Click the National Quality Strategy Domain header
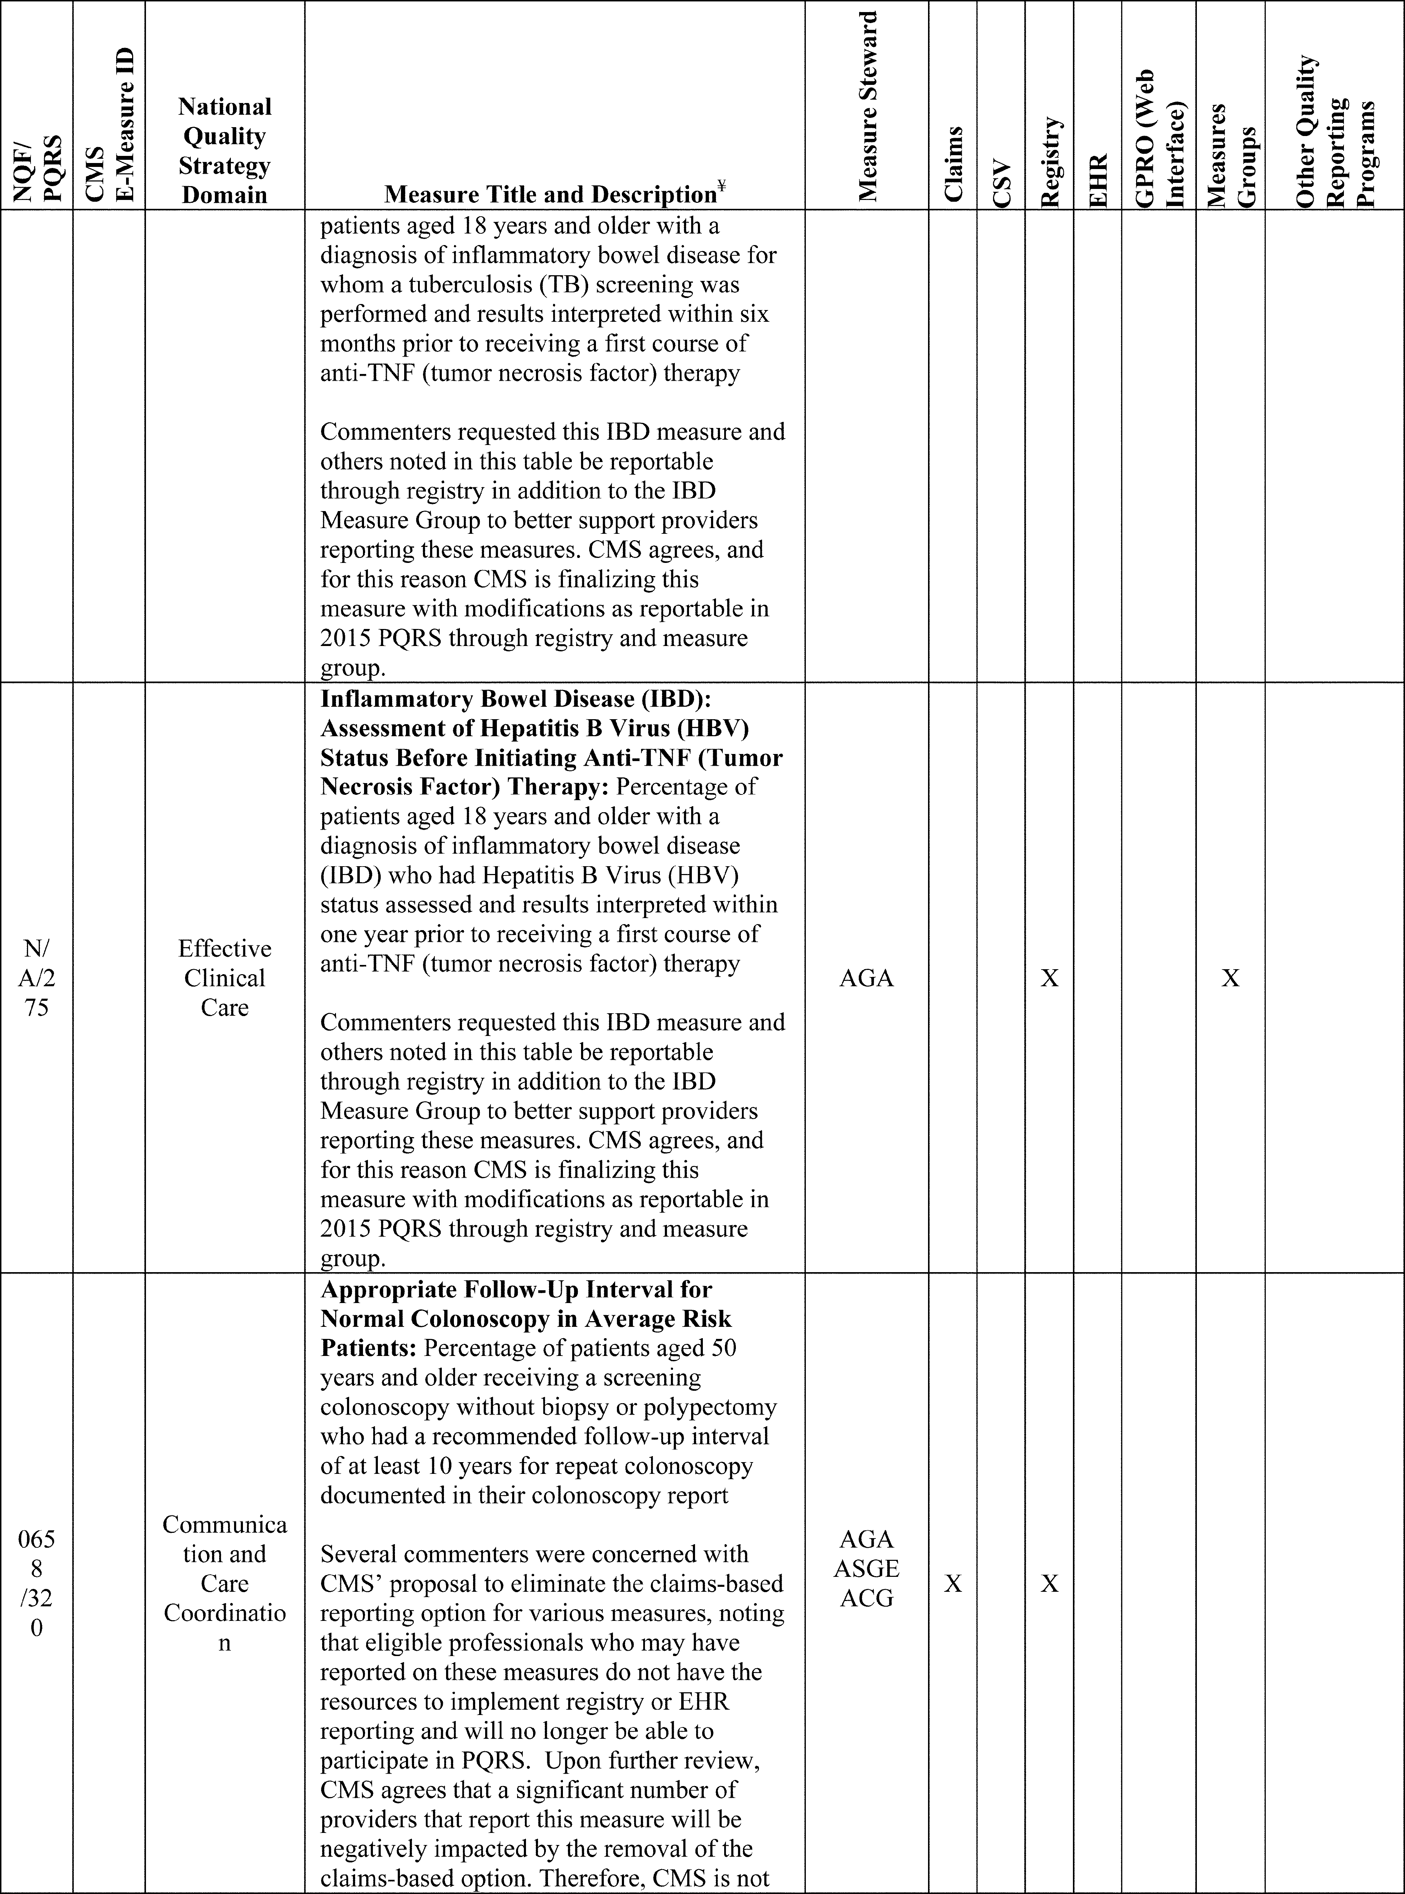224,151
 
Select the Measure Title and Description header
554,195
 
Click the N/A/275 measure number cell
36,978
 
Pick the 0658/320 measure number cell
36,1584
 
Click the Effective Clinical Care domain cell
224,978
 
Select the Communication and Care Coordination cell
224,1584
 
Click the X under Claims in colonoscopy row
953,1584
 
